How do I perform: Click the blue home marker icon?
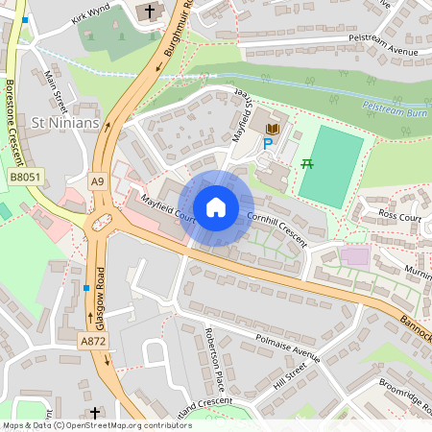coord(216,207)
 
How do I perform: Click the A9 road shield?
coord(97,180)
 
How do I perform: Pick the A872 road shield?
coord(93,341)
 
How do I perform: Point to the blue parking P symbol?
coord(268,144)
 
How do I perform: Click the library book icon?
coord(273,128)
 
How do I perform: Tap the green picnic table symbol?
coord(307,164)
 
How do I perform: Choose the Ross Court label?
coord(400,217)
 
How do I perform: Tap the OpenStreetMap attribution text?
coord(84,424)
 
